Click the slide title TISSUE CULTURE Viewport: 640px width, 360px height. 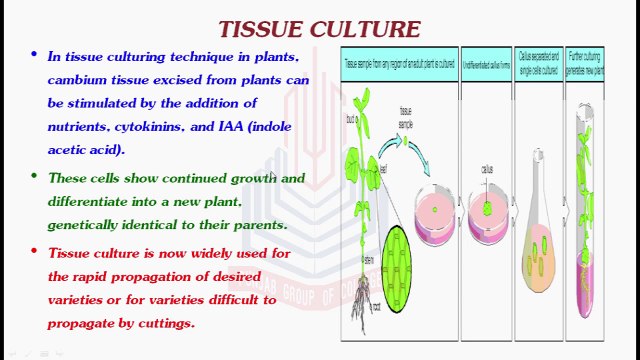(x=320, y=29)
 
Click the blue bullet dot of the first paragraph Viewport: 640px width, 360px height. (x=35, y=56)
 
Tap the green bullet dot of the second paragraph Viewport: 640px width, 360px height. (x=35, y=177)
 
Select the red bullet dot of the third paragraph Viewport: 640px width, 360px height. (x=35, y=252)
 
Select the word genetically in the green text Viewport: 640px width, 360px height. (x=88, y=224)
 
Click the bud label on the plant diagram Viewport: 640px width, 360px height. (x=351, y=119)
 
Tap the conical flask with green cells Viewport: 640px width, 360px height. (x=538, y=250)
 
